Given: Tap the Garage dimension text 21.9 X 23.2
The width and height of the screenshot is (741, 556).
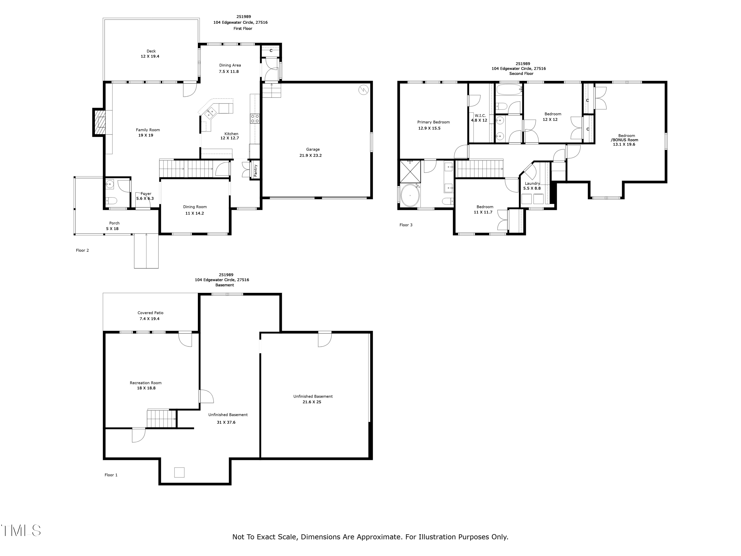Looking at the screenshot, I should (310, 155).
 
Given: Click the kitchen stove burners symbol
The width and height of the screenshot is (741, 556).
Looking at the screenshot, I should (255, 118).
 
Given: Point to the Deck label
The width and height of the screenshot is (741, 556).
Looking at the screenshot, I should (151, 51).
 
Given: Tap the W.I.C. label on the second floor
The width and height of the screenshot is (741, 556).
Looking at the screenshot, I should (480, 116).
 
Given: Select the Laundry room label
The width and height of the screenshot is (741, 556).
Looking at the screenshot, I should (532, 184).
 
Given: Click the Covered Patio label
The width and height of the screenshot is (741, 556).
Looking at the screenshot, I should (150, 313).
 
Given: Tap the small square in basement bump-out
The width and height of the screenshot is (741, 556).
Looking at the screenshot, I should (179, 472).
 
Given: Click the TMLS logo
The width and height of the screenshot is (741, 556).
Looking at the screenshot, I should (21, 531).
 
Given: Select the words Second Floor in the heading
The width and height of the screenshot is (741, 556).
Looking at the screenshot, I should (521, 74).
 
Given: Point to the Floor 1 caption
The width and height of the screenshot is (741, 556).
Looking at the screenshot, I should (111, 475).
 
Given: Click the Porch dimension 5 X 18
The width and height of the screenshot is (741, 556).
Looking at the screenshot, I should (112, 229).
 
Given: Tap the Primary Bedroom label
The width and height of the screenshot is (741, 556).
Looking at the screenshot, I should (433, 122).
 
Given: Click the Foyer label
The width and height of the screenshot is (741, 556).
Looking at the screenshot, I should (146, 194).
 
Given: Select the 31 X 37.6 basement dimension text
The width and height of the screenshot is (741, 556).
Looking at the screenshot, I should (226, 422).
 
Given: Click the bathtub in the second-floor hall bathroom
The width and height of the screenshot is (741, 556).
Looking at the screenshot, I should (509, 90).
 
